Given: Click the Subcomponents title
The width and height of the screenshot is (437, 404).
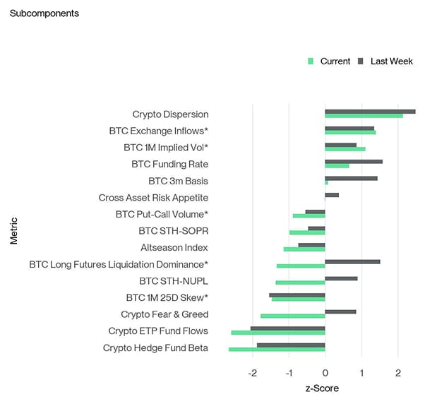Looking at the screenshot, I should tap(44, 13).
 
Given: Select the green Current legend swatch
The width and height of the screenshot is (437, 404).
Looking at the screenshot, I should tap(311, 61).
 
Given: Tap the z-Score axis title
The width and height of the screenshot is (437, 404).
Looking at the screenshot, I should tap(321, 388).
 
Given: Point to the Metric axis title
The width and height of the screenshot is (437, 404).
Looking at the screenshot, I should tap(14, 231).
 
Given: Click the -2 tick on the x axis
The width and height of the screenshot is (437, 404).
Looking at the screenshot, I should tap(252, 372).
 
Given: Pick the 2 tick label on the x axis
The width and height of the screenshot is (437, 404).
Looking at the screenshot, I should tap(397, 372).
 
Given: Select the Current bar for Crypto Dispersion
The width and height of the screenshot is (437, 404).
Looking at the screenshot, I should tap(364, 116).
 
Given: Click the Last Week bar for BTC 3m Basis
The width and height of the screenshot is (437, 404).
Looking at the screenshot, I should tap(351, 178).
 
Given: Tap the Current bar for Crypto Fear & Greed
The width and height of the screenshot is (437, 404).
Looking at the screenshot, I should tap(292, 316).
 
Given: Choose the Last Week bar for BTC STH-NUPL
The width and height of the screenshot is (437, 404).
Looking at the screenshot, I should tap(341, 278).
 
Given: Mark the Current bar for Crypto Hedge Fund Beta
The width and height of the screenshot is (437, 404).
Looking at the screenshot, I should tap(277, 349).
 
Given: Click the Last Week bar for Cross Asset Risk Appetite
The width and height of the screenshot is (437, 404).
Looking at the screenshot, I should tap(332, 195).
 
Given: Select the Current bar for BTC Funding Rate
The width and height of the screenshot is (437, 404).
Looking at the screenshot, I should tap(337, 166).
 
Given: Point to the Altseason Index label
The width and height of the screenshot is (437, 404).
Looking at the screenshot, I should tap(174, 248).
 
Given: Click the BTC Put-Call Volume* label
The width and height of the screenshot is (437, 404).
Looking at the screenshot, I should tap(162, 214).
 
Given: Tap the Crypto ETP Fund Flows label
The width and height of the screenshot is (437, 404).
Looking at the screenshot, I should tap(158, 331).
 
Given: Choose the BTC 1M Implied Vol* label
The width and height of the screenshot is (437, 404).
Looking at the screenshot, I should tap(166, 148).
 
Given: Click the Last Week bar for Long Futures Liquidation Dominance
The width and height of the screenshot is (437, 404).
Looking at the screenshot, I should tap(352, 261).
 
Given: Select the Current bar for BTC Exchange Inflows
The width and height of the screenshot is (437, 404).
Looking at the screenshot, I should tap(350, 133).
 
